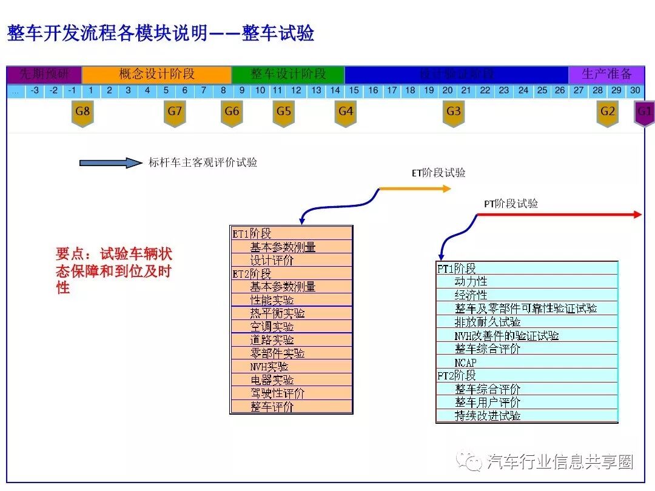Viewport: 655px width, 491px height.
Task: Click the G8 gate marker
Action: [x=82, y=113]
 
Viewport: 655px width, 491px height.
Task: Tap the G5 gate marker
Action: [x=283, y=113]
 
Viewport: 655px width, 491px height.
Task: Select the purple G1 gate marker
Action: [x=644, y=113]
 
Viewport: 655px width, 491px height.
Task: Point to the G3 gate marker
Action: [x=454, y=113]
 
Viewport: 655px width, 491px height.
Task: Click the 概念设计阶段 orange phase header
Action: [x=156, y=75]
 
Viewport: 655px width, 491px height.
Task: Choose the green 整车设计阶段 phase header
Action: [x=288, y=75]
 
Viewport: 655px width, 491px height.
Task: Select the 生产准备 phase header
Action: [x=606, y=75]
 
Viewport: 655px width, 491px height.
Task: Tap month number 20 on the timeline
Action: [x=448, y=91]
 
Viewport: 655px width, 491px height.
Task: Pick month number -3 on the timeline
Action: [x=35, y=91]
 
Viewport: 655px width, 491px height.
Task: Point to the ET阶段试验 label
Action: [x=438, y=173]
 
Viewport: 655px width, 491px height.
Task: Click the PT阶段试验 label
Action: [x=511, y=204]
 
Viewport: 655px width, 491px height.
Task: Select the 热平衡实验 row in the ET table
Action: [x=278, y=313]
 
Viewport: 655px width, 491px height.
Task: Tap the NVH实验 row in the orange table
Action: [x=269, y=366]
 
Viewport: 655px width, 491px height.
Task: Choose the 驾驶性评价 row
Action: [x=278, y=393]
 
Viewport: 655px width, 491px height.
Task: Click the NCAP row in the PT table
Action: [x=466, y=362]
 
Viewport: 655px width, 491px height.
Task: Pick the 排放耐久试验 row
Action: [x=488, y=322]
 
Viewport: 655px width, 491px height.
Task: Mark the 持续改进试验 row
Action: [x=488, y=416]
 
